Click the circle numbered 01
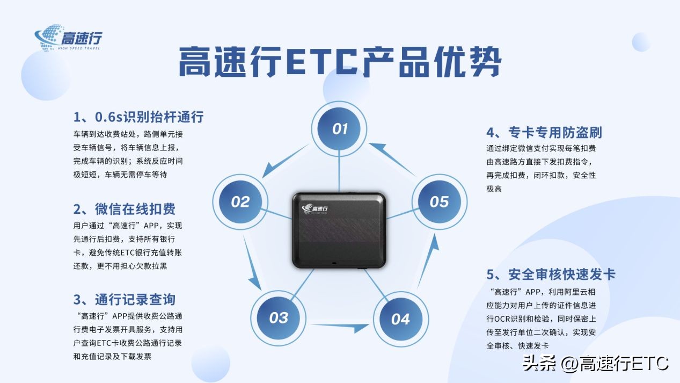(340, 129)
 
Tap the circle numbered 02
(240, 202)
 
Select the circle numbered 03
(279, 317)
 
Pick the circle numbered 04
(400, 319)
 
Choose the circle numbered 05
(439, 202)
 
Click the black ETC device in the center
(339, 229)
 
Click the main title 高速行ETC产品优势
(339, 62)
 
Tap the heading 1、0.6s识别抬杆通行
(138, 117)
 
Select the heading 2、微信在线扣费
(125, 208)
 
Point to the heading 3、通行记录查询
(125, 299)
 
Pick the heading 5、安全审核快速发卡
(551, 274)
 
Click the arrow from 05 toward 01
(392, 158)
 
